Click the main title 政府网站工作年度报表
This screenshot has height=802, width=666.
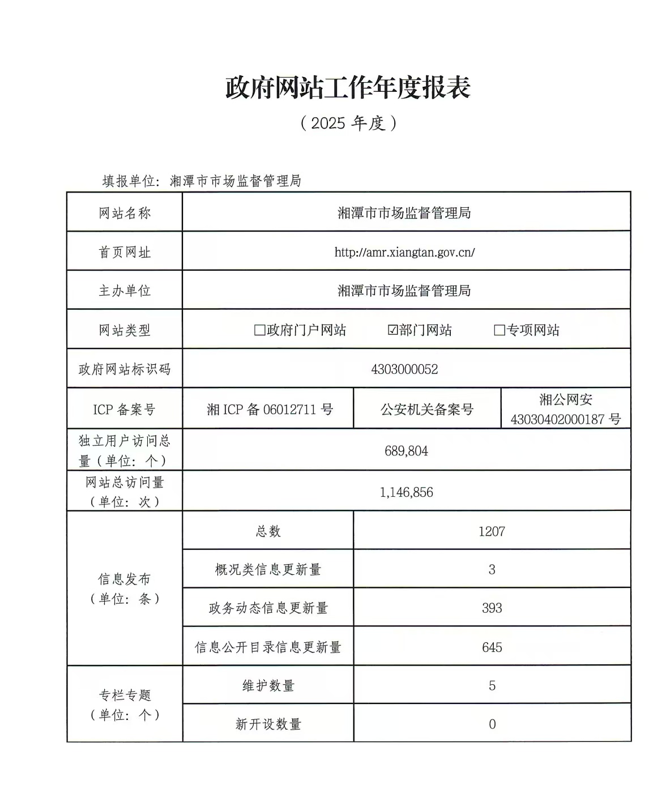(348, 88)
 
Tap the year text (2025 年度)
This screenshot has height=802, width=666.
(348, 123)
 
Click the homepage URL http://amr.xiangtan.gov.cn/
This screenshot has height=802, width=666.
(404, 253)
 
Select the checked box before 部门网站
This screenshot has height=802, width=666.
(392, 330)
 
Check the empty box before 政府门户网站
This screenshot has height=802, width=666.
(259, 330)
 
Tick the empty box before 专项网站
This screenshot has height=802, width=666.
(499, 330)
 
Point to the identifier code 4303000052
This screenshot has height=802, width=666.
(404, 369)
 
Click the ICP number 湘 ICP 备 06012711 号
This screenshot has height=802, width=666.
(270, 409)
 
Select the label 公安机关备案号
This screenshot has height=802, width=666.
(426, 409)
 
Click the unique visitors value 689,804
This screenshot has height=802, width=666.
(406, 451)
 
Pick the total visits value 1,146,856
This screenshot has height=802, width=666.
(406, 492)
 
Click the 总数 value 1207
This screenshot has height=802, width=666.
(491, 531)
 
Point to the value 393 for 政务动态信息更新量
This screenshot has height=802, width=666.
(491, 608)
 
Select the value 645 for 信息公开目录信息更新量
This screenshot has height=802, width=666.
(491, 647)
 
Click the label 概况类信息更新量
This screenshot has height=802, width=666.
(268, 570)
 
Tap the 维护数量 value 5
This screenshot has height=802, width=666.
(492, 686)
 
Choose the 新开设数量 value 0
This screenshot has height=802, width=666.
(492, 724)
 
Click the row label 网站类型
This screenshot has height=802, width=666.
(125, 330)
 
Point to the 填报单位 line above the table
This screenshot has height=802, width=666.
(202, 181)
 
